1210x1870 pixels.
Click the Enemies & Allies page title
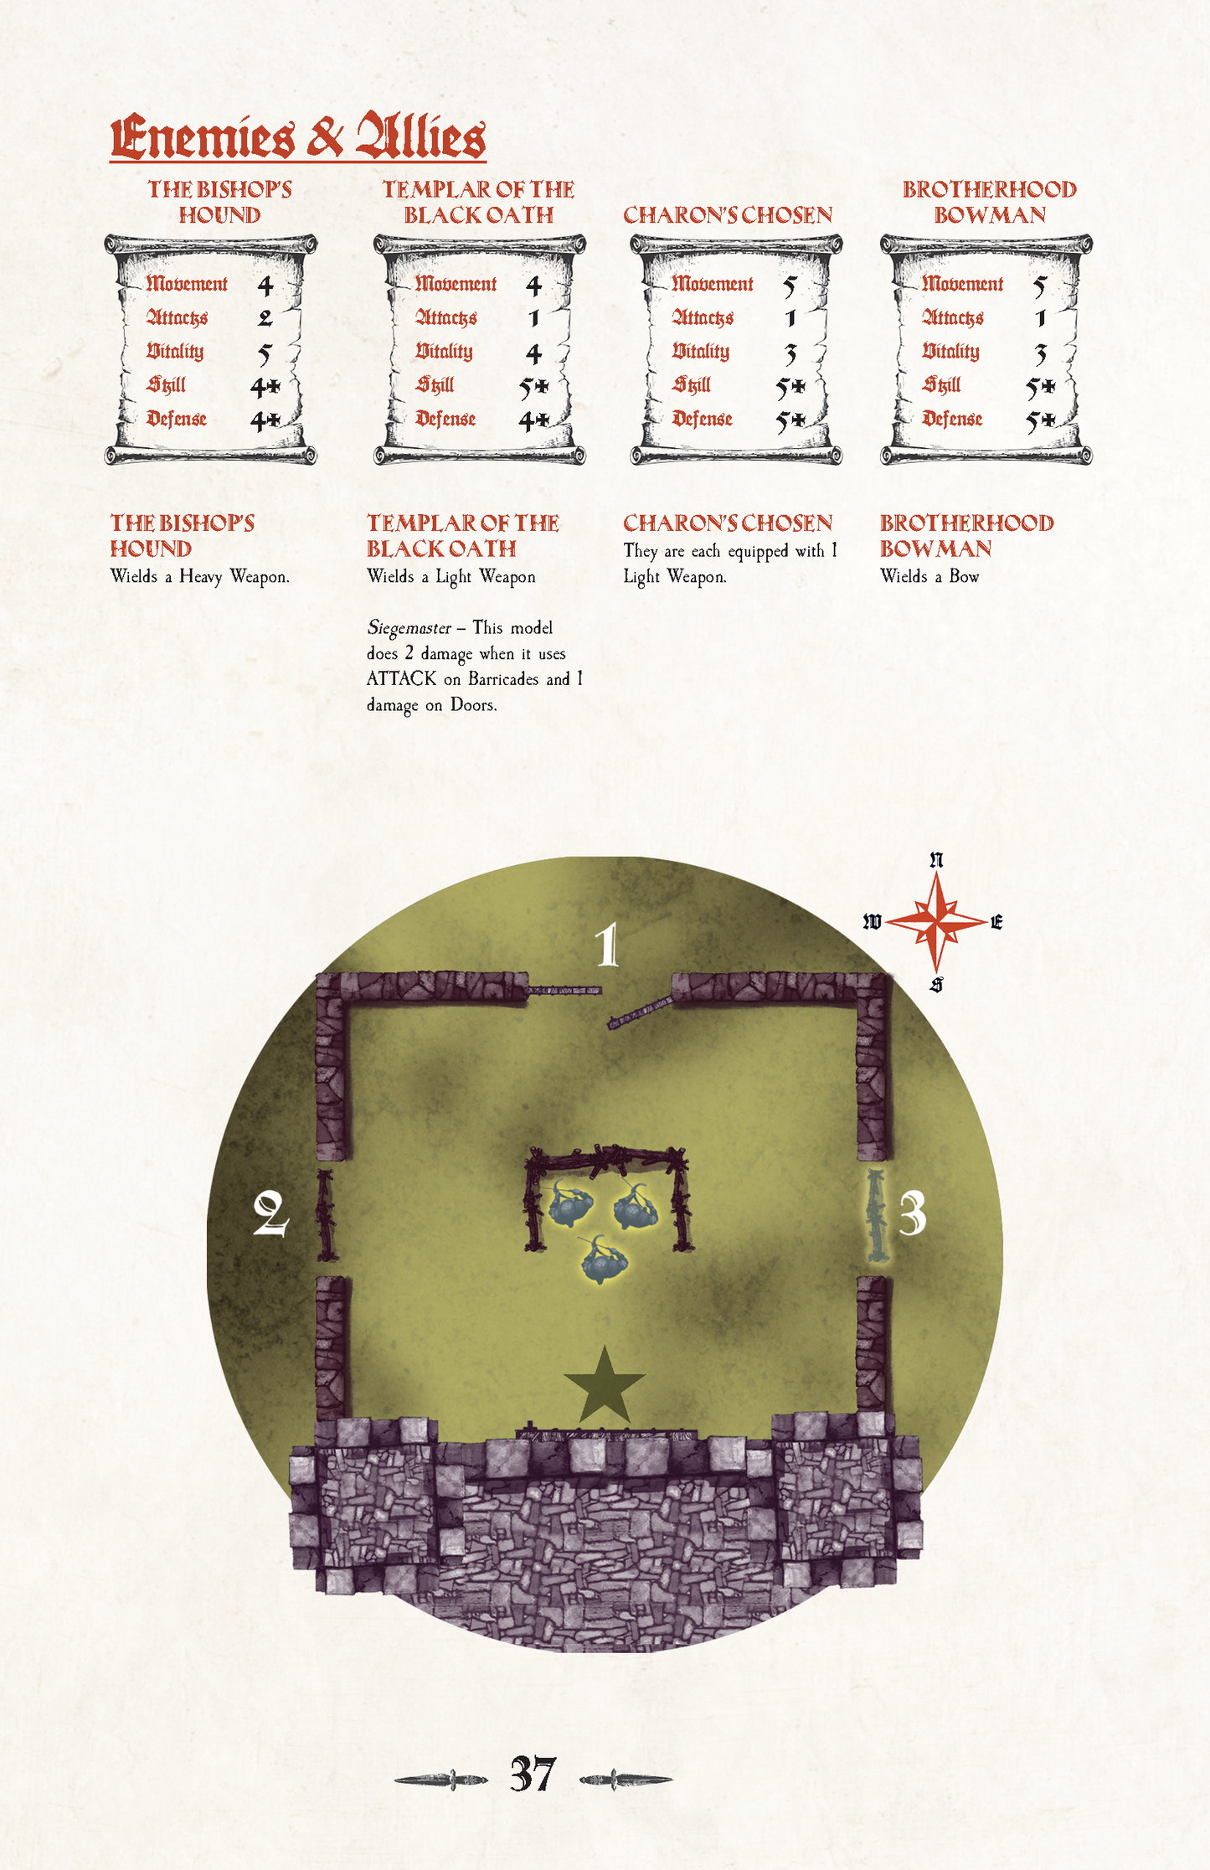[297, 137]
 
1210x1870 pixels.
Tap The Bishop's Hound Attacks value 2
[265, 318]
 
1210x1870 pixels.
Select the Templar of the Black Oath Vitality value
[533, 353]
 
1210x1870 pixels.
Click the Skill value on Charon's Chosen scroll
[790, 387]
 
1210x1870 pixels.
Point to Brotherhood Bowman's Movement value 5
[1039, 286]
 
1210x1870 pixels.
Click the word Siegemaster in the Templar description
[409, 628]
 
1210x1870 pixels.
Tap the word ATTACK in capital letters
[401, 679]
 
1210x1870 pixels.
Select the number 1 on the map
[607, 945]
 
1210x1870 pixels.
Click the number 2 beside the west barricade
[270, 1214]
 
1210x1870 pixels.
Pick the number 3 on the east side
[912, 1213]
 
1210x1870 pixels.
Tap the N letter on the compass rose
[936, 860]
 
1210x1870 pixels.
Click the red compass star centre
[936, 922]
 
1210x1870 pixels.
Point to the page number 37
[533, 1774]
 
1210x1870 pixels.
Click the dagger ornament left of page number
[441, 1779]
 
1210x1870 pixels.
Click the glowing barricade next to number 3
[876, 1215]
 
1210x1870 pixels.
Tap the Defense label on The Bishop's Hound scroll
[177, 419]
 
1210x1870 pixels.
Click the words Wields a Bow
[929, 576]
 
